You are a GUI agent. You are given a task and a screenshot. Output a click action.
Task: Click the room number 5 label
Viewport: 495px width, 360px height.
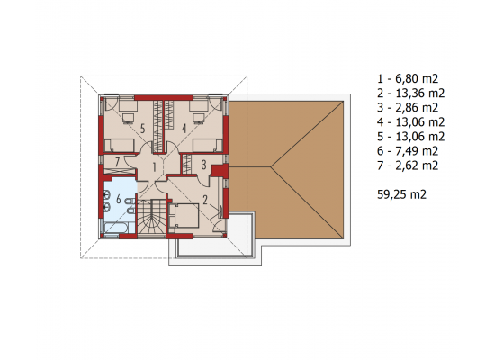pyautogui.click(x=143, y=129)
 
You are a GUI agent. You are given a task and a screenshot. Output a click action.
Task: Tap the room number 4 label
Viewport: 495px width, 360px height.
pyautogui.click(x=184, y=129)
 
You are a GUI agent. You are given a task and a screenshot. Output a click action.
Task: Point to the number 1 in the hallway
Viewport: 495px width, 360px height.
pyautogui.click(x=155, y=167)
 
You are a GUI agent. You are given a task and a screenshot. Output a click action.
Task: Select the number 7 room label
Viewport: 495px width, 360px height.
pyautogui.click(x=117, y=162)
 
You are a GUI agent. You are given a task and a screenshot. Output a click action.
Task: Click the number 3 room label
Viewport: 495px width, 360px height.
pyautogui.click(x=203, y=165)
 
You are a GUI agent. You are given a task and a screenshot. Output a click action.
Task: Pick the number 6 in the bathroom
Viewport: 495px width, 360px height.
pyautogui.click(x=119, y=199)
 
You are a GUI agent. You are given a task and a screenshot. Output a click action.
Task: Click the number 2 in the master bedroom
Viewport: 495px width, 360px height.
pyautogui.click(x=205, y=200)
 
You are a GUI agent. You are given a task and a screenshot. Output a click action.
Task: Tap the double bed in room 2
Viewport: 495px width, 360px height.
pyautogui.click(x=184, y=216)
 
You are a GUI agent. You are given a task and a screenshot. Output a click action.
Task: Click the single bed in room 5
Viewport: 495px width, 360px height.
pyautogui.click(x=120, y=146)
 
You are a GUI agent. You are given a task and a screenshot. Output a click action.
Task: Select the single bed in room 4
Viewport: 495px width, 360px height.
pyautogui.click(x=207, y=146)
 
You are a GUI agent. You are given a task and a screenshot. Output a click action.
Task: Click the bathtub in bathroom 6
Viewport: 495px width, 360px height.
pyautogui.click(x=116, y=228)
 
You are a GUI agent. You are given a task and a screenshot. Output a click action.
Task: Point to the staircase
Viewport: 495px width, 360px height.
pyautogui.click(x=151, y=218)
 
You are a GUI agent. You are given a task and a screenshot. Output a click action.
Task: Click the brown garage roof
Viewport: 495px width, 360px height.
pyautogui.click(x=286, y=170)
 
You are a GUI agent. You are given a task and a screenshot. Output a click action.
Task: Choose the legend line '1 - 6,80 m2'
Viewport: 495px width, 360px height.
pyautogui.click(x=408, y=78)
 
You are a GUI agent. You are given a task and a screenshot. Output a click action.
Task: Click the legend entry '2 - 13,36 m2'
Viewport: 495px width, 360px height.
pyautogui.click(x=410, y=93)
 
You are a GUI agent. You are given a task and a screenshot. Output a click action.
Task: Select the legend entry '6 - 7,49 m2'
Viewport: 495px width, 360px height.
pyautogui.click(x=408, y=151)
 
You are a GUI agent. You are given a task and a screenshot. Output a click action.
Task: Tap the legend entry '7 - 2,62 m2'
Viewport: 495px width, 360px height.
pyautogui.click(x=408, y=166)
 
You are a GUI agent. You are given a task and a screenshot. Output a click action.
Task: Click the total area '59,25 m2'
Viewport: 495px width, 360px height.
pyautogui.click(x=401, y=194)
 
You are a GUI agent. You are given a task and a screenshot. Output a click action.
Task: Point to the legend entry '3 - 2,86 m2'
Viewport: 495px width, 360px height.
pyautogui.click(x=408, y=107)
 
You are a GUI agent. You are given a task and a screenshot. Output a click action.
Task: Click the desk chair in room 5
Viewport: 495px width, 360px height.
pyautogui.click(x=128, y=118)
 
